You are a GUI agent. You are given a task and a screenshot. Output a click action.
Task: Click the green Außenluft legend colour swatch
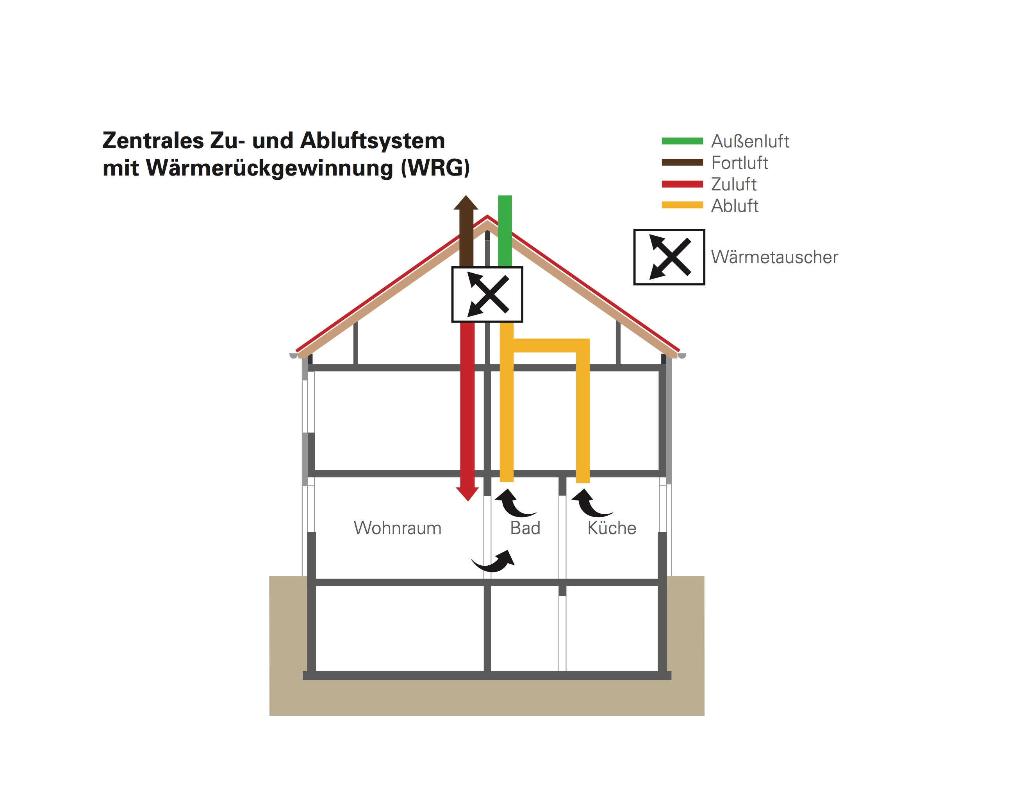pos(682,141)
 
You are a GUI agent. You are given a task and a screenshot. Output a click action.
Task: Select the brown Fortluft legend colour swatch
pos(682,162)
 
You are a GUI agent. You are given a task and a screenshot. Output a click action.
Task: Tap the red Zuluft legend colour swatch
pos(682,184)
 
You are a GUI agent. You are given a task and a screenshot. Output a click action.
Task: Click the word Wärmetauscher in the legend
pos(774,257)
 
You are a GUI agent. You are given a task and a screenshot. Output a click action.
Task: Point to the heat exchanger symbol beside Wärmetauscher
pos(669,257)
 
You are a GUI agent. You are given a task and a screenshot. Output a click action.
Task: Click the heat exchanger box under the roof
pos(487,294)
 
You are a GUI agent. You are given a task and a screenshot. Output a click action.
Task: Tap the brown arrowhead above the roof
pos(466,203)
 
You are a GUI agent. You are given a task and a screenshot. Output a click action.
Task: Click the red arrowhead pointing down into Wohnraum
pos(467,494)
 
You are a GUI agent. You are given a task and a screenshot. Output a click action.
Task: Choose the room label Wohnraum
pos(398,528)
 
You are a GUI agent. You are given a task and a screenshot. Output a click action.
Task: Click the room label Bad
pos(525,528)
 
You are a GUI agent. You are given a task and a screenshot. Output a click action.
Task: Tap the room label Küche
pos(612,528)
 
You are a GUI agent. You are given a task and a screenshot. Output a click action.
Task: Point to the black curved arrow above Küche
pos(590,503)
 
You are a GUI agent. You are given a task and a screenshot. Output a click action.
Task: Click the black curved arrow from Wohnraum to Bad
pos(495,561)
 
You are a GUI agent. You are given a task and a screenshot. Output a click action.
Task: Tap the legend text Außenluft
pos(750,141)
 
